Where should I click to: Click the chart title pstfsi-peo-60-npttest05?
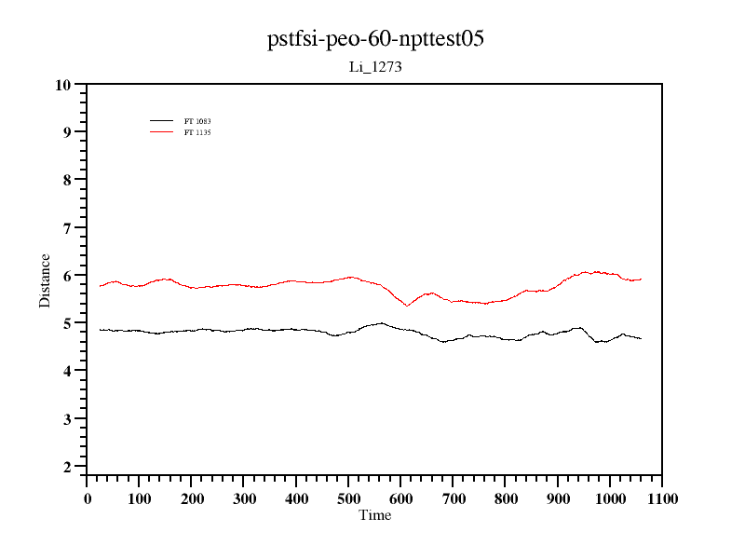point(375,39)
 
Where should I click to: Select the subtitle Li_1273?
point(374,67)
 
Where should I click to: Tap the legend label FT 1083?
point(197,121)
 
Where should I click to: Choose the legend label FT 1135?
point(197,132)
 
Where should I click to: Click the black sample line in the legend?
point(162,121)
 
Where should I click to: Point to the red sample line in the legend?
point(162,132)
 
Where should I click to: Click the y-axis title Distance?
point(45,280)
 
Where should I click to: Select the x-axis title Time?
point(375,515)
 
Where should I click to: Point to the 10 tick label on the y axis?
point(63,85)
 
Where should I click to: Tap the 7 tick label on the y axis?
point(67,228)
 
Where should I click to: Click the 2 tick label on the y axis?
point(67,467)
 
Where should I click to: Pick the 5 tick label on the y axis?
point(67,323)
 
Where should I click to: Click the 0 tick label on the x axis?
point(88,499)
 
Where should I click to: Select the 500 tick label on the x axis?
point(348,499)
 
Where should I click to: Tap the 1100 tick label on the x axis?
point(661,499)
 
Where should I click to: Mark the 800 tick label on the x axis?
point(505,499)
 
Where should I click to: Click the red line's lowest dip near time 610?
point(407,306)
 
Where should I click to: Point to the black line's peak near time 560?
point(381,323)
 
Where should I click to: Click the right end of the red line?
point(641,279)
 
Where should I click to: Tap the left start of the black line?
point(100,329)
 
